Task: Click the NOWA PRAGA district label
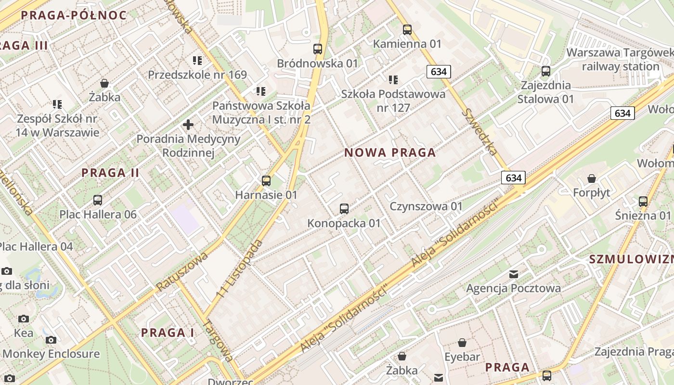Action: (x=390, y=153)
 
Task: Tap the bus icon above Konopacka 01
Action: (x=344, y=209)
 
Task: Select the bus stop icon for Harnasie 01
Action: (x=266, y=181)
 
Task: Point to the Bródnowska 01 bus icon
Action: (x=318, y=49)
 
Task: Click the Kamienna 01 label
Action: (x=407, y=44)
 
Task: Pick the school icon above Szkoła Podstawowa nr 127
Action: (x=393, y=79)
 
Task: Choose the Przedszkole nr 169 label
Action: (x=197, y=75)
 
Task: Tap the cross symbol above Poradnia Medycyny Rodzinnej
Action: (x=188, y=125)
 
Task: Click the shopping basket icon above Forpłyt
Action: (x=592, y=179)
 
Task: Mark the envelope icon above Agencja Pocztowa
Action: (x=514, y=274)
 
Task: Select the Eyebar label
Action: (x=462, y=357)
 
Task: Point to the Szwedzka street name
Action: (x=480, y=131)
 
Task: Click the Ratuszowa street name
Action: (x=181, y=271)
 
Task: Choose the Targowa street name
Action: (x=220, y=341)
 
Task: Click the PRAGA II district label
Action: (x=110, y=173)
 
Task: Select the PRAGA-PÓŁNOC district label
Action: (x=74, y=15)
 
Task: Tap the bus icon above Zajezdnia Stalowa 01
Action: (x=546, y=71)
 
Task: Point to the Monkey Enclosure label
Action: (x=51, y=354)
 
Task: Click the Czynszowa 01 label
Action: (x=426, y=206)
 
